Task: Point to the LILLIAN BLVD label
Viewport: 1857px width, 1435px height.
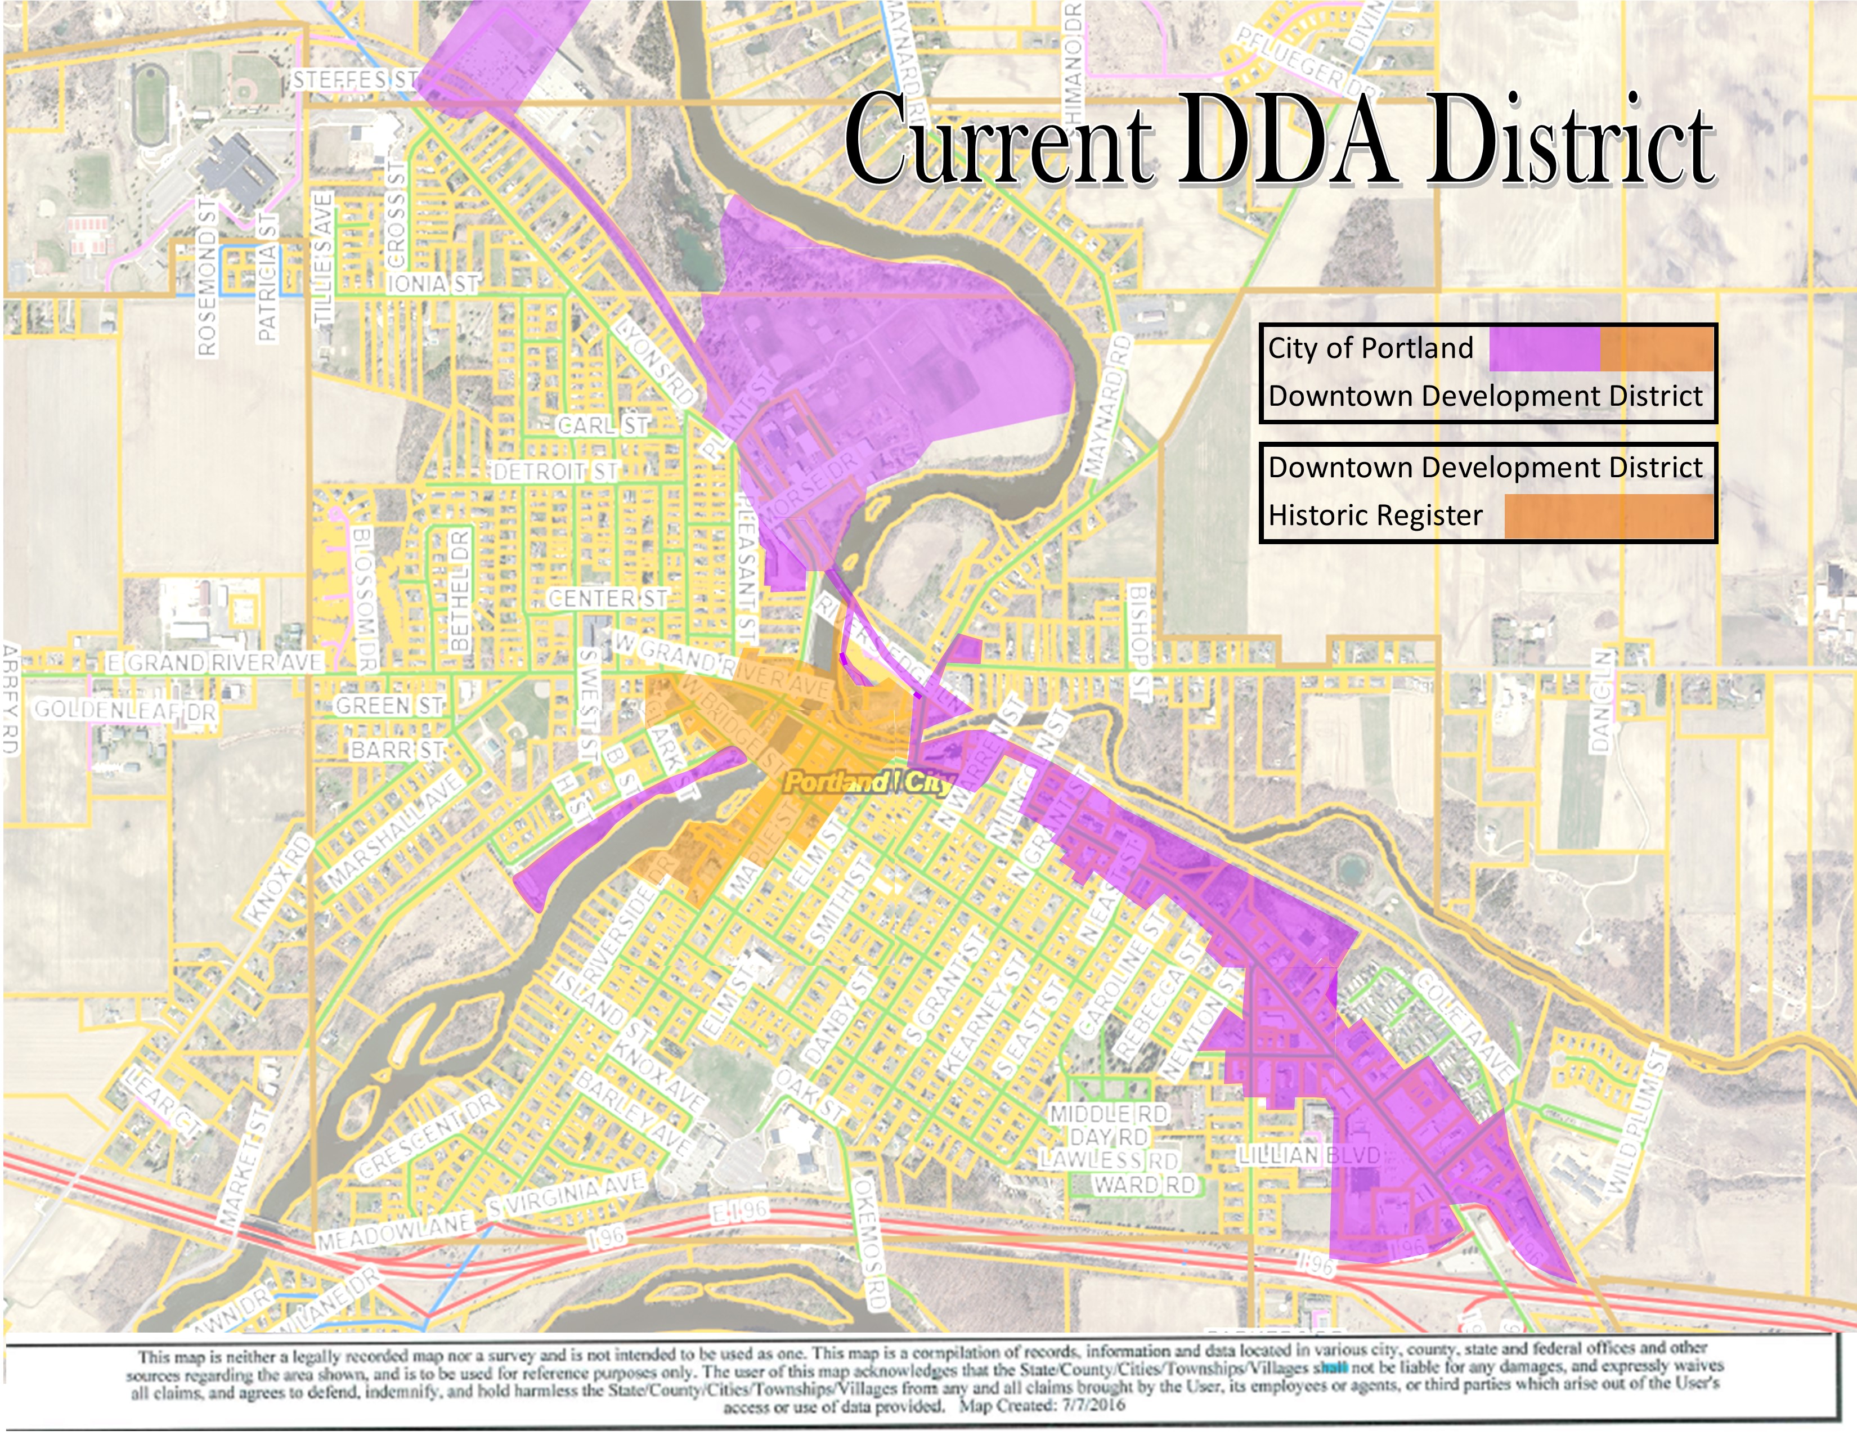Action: tap(1308, 1155)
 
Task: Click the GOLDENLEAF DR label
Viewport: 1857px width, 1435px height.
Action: tap(125, 709)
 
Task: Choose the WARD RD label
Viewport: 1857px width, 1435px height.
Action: tap(1143, 1184)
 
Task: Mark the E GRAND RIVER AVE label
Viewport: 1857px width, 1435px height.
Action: tap(214, 662)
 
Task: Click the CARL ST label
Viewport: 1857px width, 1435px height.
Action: tap(603, 425)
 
